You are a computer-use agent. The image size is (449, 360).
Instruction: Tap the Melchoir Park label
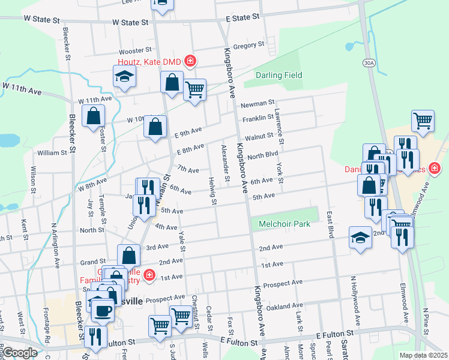point(284,224)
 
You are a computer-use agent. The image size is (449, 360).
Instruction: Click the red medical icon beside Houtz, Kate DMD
point(190,61)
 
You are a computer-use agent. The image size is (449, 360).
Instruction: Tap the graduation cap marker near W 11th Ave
point(124,77)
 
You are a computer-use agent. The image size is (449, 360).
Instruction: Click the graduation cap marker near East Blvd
point(360,238)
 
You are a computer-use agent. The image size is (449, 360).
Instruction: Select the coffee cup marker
point(103,311)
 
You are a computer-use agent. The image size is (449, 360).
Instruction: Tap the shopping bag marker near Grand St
point(128,256)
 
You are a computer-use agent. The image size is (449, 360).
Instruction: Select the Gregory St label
point(249,45)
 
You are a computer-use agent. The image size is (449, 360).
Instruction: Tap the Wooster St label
point(133,52)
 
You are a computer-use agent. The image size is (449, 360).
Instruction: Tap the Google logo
point(20,353)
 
